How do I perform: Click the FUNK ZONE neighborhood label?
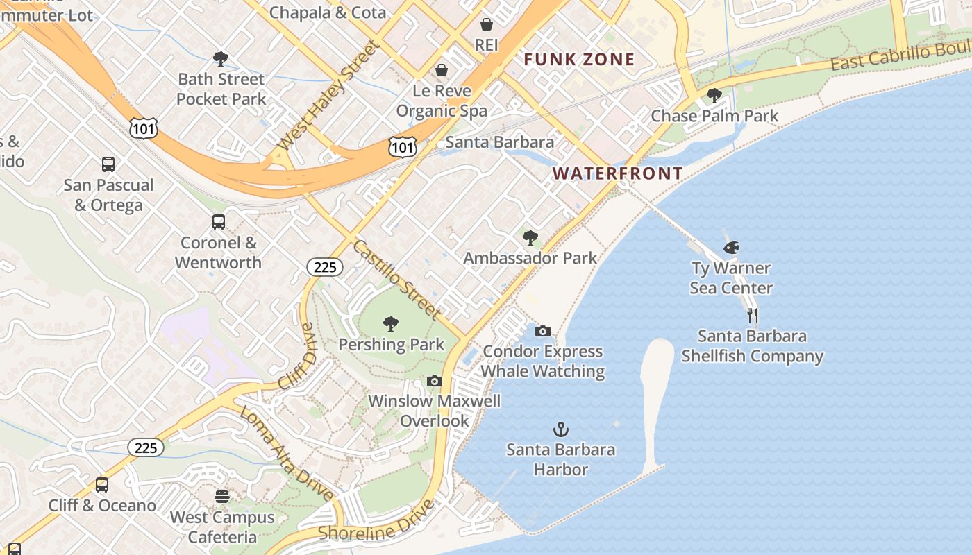(579, 60)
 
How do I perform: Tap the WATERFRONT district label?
(618, 173)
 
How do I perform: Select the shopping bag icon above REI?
(487, 24)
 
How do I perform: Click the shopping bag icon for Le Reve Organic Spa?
(442, 70)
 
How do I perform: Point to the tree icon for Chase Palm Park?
(714, 96)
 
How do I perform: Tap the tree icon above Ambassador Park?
(530, 238)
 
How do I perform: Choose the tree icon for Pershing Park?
(391, 324)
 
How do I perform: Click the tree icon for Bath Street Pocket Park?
(221, 59)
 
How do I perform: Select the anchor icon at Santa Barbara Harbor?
(560, 429)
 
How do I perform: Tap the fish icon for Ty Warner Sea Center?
(730, 248)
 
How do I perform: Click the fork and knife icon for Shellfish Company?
(753, 316)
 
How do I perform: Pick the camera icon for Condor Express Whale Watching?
(543, 331)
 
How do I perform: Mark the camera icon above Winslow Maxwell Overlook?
(435, 381)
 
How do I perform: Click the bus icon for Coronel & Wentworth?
(219, 222)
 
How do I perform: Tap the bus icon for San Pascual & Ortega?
(108, 164)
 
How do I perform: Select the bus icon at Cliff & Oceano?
(102, 485)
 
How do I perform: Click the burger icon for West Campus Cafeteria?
(222, 497)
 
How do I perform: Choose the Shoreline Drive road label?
(377, 520)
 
